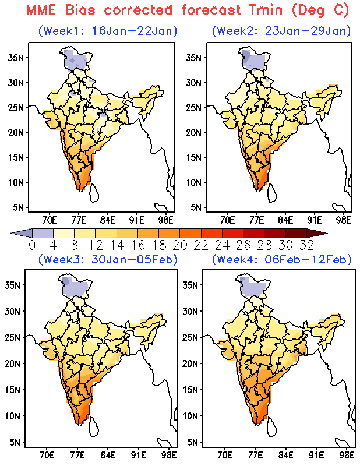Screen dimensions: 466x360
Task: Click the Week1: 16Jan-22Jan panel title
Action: [107, 30]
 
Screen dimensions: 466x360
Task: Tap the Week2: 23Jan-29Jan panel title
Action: [281, 30]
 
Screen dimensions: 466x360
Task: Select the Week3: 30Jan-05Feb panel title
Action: [107, 259]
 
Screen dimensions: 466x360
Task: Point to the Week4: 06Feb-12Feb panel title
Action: [281, 259]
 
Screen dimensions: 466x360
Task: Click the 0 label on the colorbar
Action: [32, 245]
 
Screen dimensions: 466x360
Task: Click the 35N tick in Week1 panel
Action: [16, 58]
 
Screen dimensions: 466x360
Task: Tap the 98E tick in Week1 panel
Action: [166, 220]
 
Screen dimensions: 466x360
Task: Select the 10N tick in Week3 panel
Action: [16, 416]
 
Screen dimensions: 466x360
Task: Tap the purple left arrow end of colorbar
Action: [17, 233]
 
